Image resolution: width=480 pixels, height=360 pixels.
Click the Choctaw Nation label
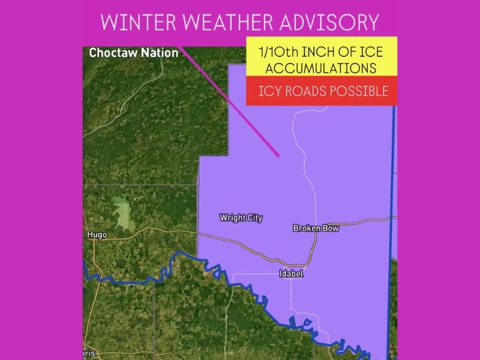[x=133, y=53]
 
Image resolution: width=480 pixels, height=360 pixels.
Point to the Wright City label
[x=241, y=218]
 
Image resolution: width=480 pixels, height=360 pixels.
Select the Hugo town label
[x=97, y=235]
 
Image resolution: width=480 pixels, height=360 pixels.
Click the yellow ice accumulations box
[x=321, y=58]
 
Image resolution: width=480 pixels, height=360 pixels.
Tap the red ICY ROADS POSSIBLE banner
[x=321, y=91]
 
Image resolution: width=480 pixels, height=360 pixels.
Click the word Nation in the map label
[x=161, y=53]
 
